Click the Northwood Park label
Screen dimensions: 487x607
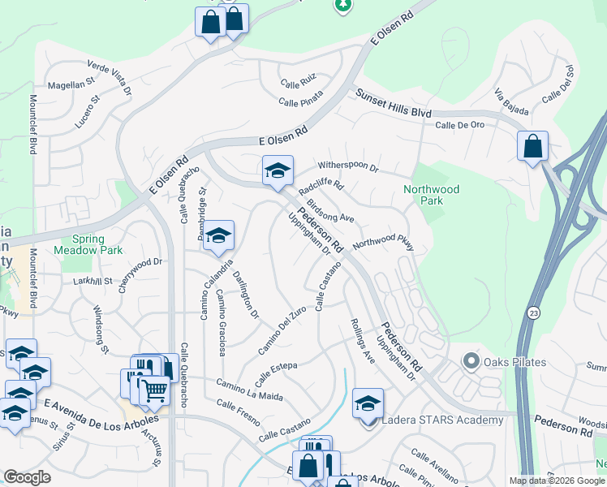point(431,195)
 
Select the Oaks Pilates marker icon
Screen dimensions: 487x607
point(470,360)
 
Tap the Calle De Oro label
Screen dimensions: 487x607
point(459,125)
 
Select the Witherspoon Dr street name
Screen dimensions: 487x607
point(348,166)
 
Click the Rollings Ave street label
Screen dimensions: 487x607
point(360,345)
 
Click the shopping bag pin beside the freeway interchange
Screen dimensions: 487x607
point(532,147)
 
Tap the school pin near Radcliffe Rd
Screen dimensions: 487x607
point(277,171)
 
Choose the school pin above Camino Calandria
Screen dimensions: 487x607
point(217,235)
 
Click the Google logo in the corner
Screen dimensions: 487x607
point(27,477)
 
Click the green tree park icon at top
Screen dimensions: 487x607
point(343,5)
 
